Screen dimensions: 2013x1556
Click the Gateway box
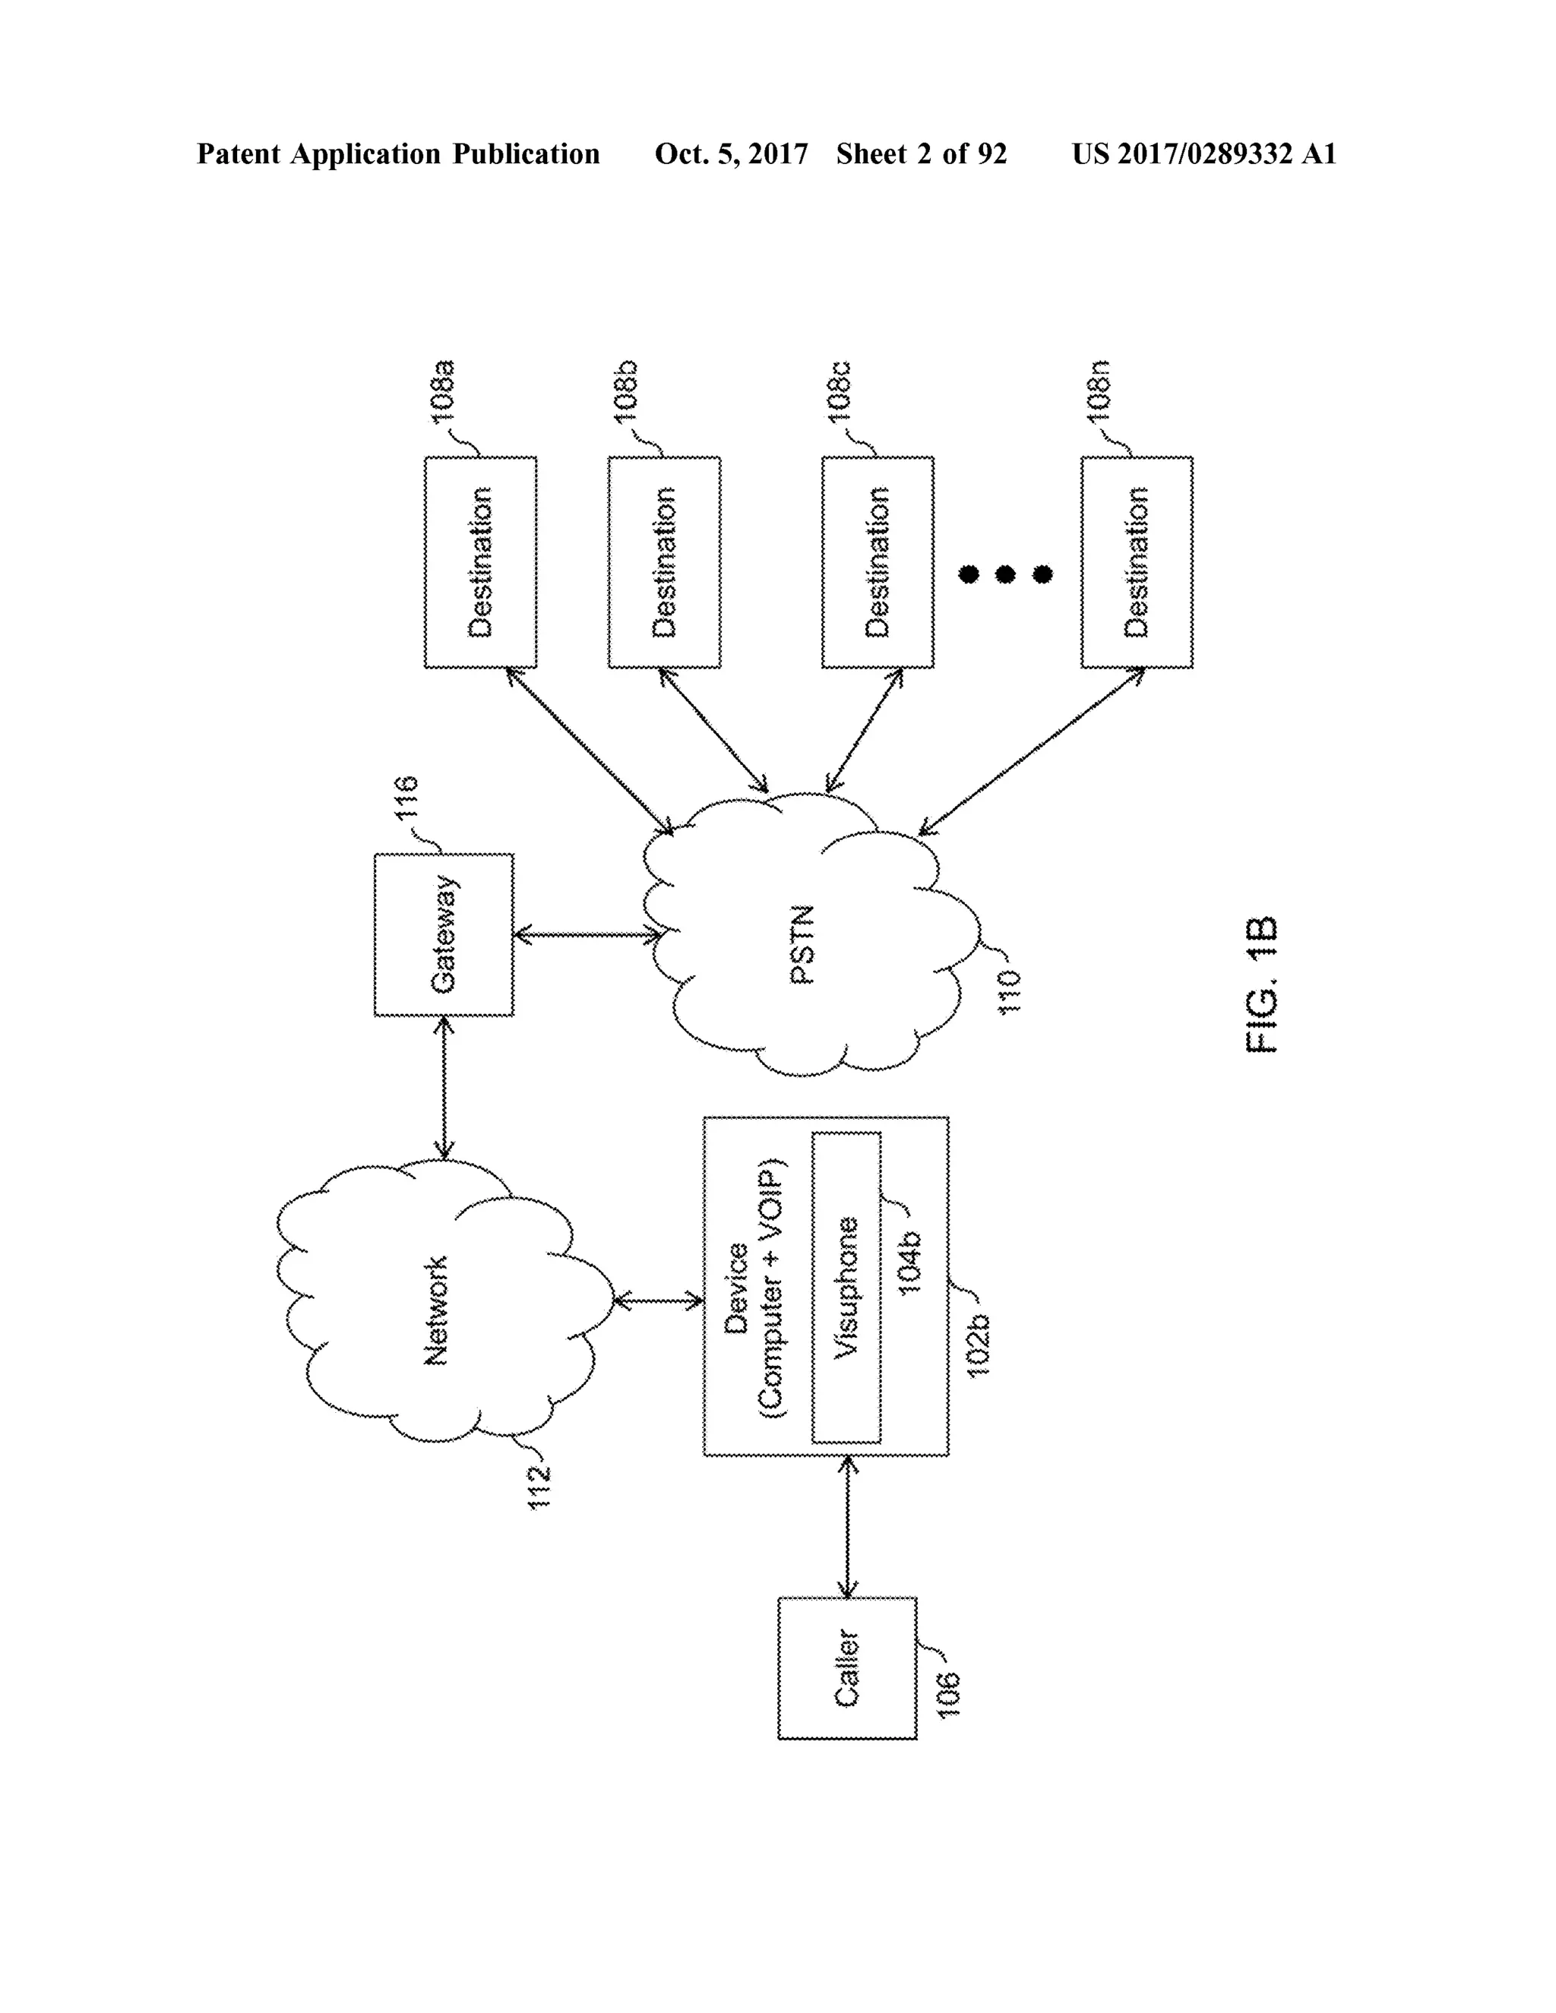(444, 934)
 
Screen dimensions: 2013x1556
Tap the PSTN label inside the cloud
(803, 945)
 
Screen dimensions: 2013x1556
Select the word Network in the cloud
(435, 1310)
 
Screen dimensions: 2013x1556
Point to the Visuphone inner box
(846, 1288)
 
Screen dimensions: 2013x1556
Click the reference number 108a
(444, 393)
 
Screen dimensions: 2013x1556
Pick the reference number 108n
(1099, 393)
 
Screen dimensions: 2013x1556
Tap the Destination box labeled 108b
(664, 562)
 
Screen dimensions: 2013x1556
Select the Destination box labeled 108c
(877, 562)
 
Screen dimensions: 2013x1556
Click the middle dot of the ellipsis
(1004, 575)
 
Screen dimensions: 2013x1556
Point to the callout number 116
(406, 798)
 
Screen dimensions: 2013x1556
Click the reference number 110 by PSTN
(1010, 992)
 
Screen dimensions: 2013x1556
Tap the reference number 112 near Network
(539, 1486)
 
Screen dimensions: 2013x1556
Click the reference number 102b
(977, 1346)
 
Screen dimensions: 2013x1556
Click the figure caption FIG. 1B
(1261, 985)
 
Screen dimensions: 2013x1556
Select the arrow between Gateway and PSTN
(587, 936)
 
